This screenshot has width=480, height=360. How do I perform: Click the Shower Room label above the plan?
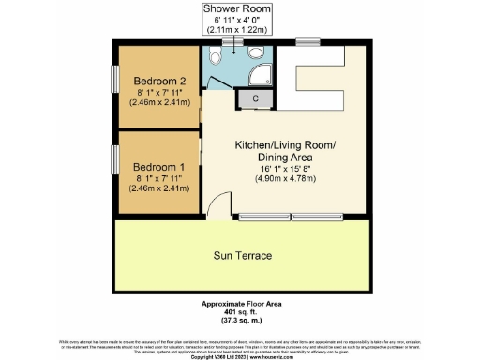click(239, 7)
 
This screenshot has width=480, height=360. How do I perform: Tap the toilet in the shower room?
click(217, 58)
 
